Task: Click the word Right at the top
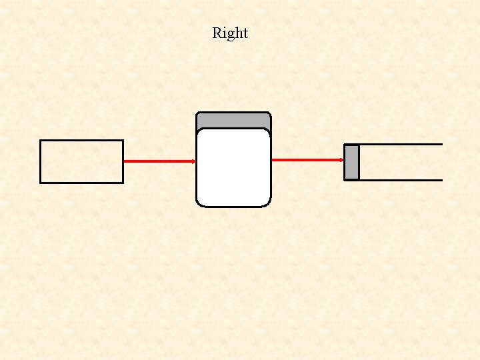point(230,33)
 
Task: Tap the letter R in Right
point(217,33)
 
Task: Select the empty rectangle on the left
point(81,161)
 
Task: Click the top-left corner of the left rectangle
point(41,141)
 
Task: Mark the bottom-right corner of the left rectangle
point(123,182)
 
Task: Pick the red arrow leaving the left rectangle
point(159,161)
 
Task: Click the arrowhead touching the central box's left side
point(193,161)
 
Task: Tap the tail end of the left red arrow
point(125,161)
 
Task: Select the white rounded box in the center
point(233,167)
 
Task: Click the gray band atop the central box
point(233,120)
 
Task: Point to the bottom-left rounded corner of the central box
point(199,203)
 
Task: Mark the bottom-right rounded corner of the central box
point(268,203)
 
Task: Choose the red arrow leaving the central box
point(307,160)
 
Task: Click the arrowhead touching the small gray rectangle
point(341,160)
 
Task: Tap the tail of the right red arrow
point(273,160)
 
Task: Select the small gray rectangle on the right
point(351,162)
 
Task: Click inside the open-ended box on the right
point(400,162)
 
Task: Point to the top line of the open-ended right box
point(400,144)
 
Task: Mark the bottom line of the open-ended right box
point(400,180)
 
